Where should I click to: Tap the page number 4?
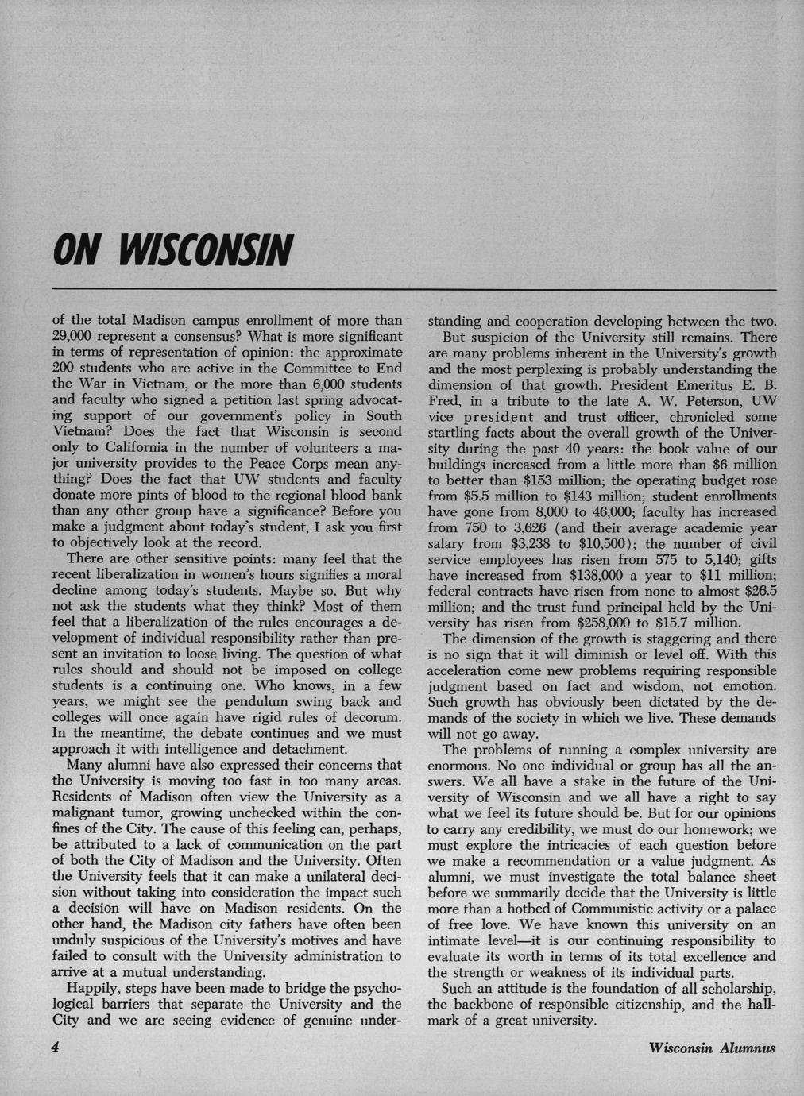56,1047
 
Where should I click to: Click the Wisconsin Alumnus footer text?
711,1048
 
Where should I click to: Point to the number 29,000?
74,338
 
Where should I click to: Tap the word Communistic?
599,908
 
